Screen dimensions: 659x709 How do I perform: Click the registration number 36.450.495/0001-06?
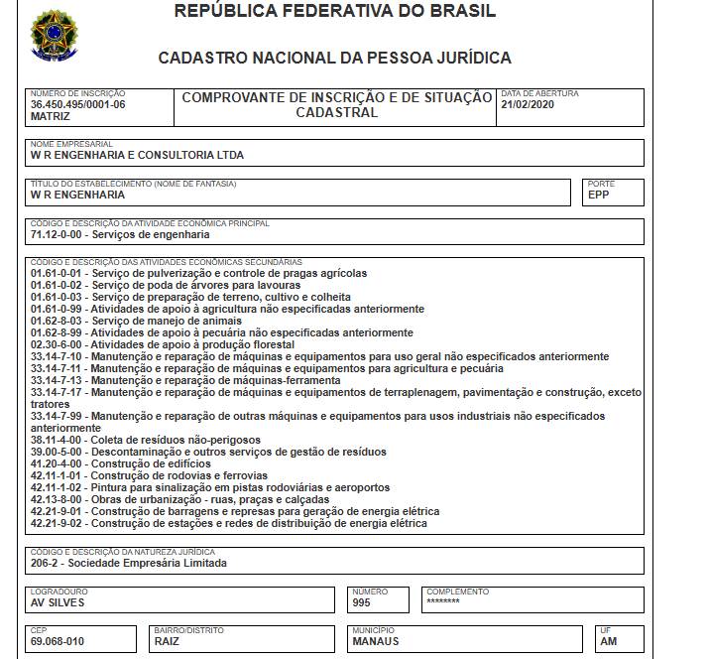pos(78,104)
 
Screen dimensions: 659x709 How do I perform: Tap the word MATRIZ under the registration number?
pos(51,116)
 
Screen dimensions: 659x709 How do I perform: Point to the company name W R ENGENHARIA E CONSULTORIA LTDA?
pos(138,155)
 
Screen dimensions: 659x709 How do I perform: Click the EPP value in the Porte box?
pos(598,195)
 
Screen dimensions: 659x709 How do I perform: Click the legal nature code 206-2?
pos(46,563)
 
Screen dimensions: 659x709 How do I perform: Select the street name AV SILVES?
pos(59,601)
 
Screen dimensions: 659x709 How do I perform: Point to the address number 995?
pos(363,601)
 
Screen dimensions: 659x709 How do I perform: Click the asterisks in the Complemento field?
pos(443,601)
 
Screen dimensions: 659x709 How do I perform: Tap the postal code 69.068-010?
pos(58,641)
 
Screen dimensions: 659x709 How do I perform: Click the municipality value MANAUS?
pos(376,641)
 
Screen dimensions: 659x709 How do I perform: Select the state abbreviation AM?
pos(609,641)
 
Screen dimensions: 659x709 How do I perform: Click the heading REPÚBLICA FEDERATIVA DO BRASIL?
pos(335,12)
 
